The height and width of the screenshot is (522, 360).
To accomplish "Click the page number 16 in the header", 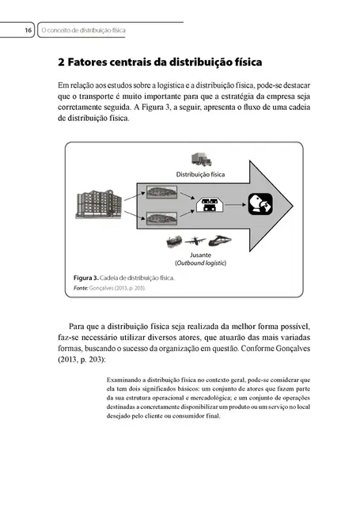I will pyautogui.click(x=28, y=30).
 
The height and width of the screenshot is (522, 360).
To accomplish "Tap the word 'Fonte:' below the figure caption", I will pyautogui.click(x=82, y=289).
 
